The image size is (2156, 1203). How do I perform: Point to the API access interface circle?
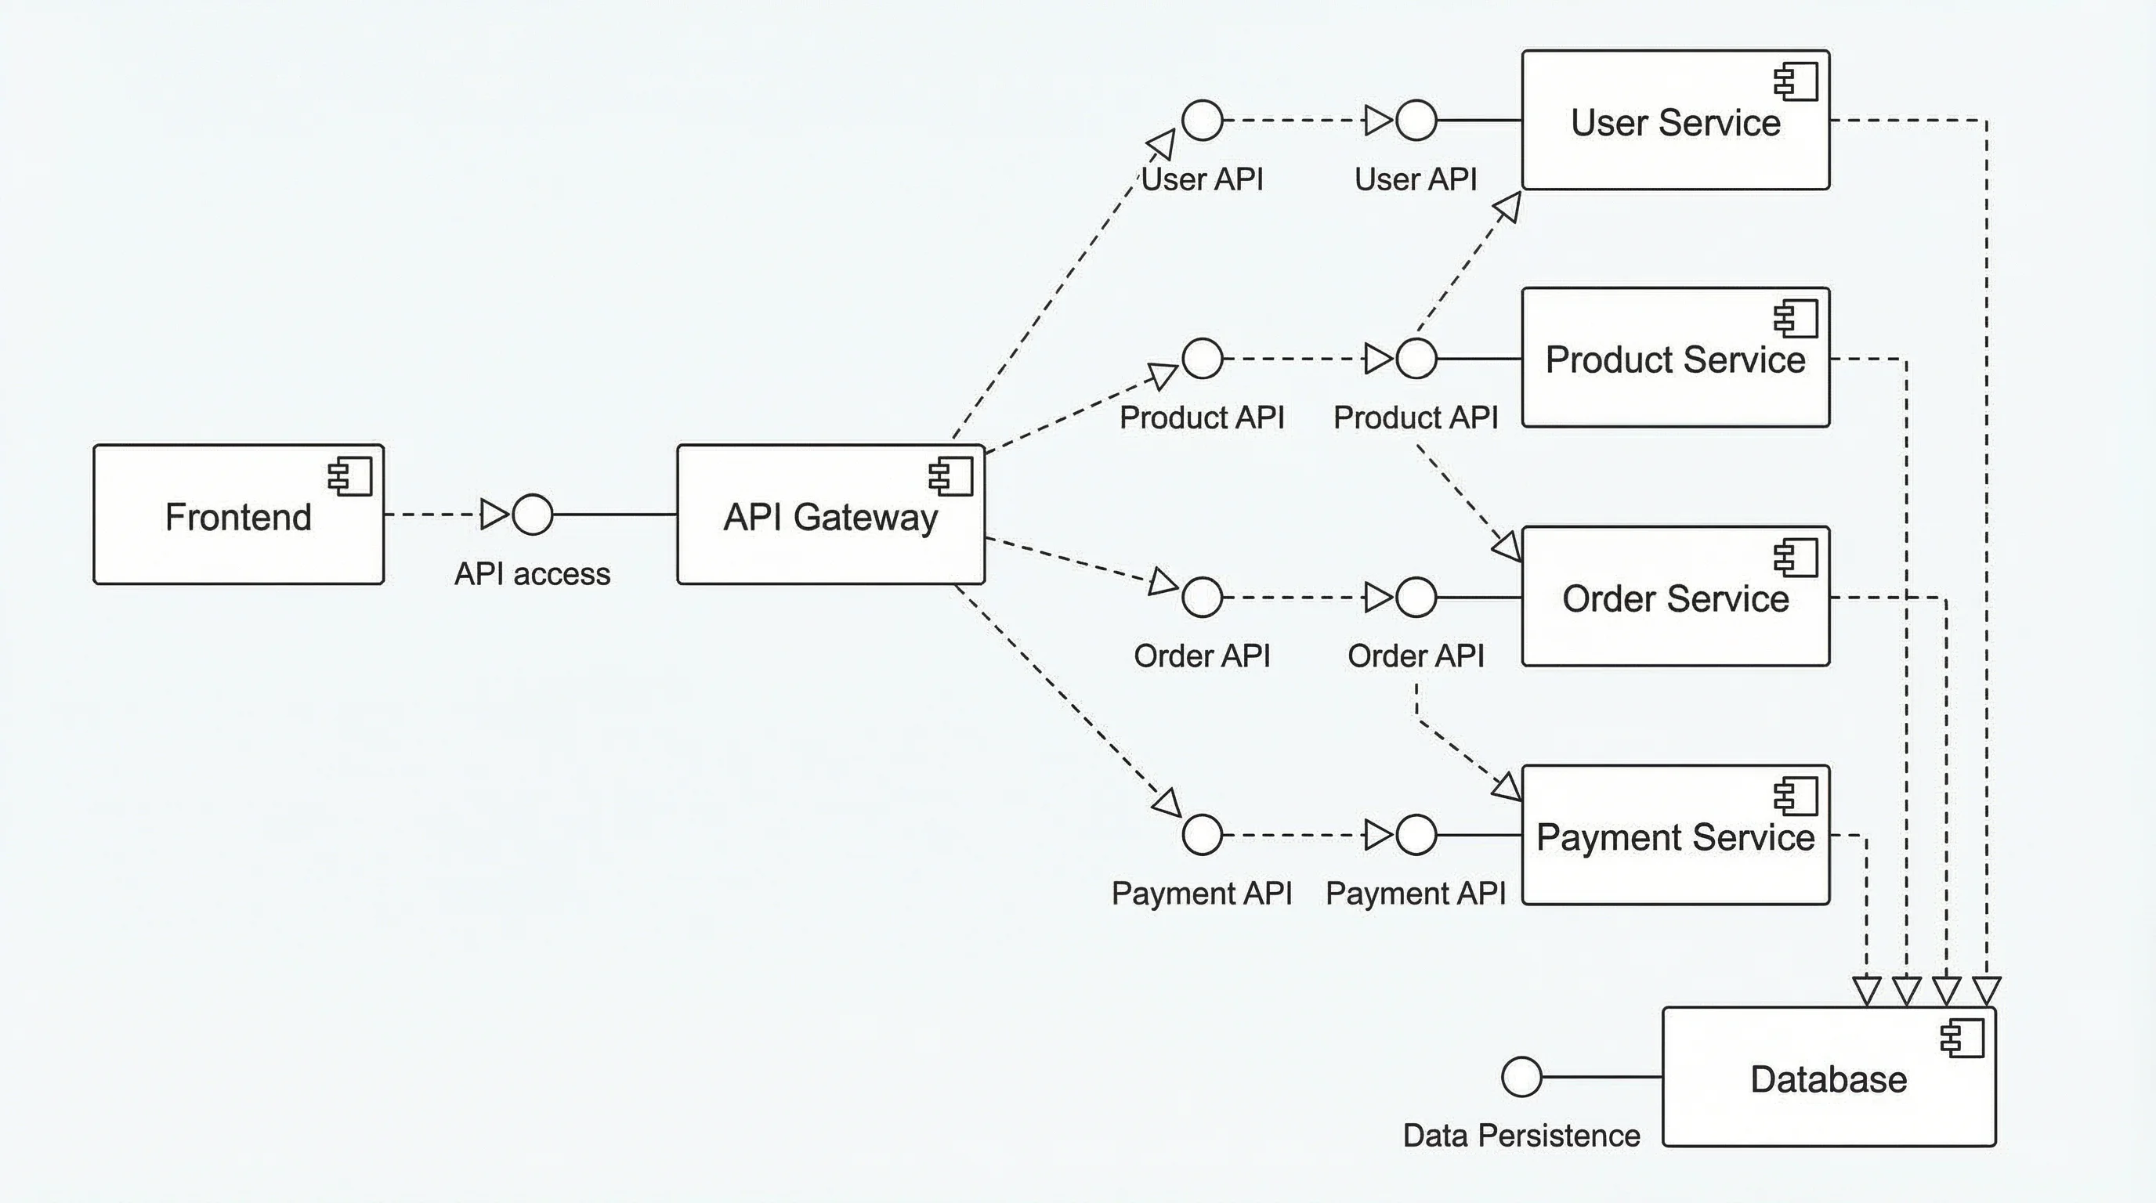tap(532, 514)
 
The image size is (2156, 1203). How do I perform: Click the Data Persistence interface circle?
tap(1521, 1076)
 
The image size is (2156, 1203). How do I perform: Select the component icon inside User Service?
tap(1796, 81)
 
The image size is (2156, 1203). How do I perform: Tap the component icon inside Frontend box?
tap(351, 477)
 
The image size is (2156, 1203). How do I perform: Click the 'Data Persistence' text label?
tap(1521, 1135)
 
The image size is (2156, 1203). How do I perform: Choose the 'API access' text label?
tap(532, 574)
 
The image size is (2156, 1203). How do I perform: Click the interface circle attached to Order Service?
tap(1416, 598)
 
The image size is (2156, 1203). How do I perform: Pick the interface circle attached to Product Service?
tap(1416, 359)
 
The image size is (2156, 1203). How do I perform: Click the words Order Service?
tap(1675, 599)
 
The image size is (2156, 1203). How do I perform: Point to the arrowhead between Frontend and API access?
tap(494, 514)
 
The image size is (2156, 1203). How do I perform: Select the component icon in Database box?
tap(1962, 1039)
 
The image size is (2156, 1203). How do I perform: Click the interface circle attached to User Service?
tap(1416, 121)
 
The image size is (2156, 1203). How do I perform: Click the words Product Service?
tap(1675, 359)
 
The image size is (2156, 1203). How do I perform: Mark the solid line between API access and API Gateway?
tap(615, 514)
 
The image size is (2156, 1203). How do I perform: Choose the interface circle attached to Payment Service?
tap(1416, 835)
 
